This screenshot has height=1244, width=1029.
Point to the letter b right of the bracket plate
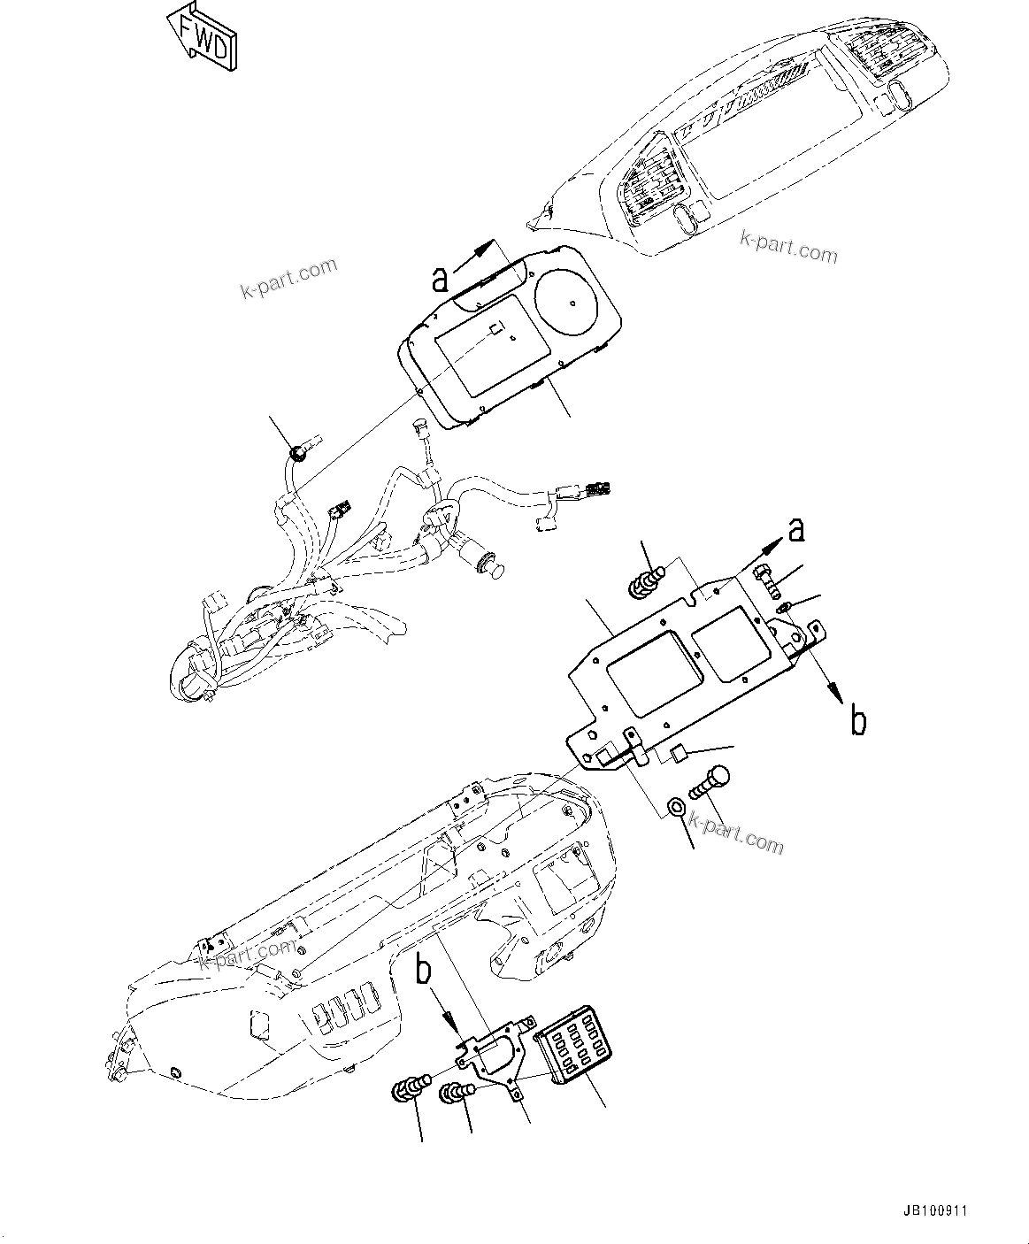coord(857,721)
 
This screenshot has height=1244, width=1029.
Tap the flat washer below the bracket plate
coord(674,806)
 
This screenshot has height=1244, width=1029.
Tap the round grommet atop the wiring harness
coord(301,454)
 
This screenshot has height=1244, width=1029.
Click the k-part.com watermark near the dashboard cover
coord(788,247)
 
